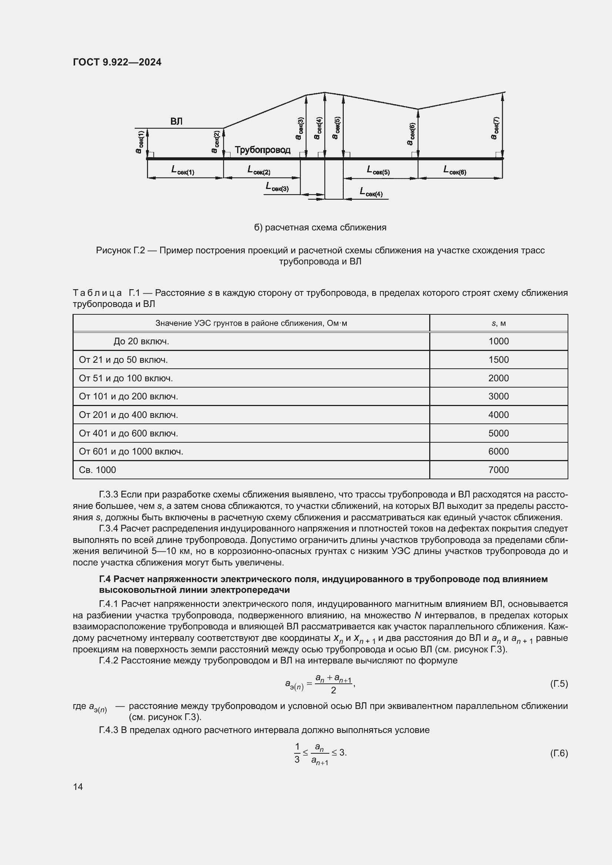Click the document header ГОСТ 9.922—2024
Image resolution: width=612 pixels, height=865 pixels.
click(x=117, y=62)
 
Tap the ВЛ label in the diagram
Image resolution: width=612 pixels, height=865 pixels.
click(x=176, y=121)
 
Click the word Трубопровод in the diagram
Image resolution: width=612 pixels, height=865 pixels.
click(x=263, y=150)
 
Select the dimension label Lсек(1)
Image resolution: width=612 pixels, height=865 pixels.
click(x=183, y=170)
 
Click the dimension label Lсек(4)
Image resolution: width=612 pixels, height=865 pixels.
click(x=371, y=193)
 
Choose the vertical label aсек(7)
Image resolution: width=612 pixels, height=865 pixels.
click(x=495, y=128)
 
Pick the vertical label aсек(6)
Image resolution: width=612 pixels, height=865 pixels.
click(x=411, y=134)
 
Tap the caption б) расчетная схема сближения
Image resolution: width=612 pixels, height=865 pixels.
click(x=320, y=227)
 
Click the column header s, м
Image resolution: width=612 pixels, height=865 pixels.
click(x=498, y=323)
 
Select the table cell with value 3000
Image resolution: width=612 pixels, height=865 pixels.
click(x=498, y=396)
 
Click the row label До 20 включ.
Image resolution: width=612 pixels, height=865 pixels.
click(x=141, y=341)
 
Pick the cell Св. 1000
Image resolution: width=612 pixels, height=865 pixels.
click(x=97, y=470)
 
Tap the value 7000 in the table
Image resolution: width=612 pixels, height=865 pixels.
click(x=498, y=470)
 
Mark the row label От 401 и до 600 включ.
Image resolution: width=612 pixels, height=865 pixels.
click(x=128, y=433)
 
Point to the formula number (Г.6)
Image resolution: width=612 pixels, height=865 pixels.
click(x=558, y=753)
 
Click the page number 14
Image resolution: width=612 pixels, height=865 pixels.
click(x=78, y=787)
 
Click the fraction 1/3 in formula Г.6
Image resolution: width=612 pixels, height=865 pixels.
click(x=297, y=753)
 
